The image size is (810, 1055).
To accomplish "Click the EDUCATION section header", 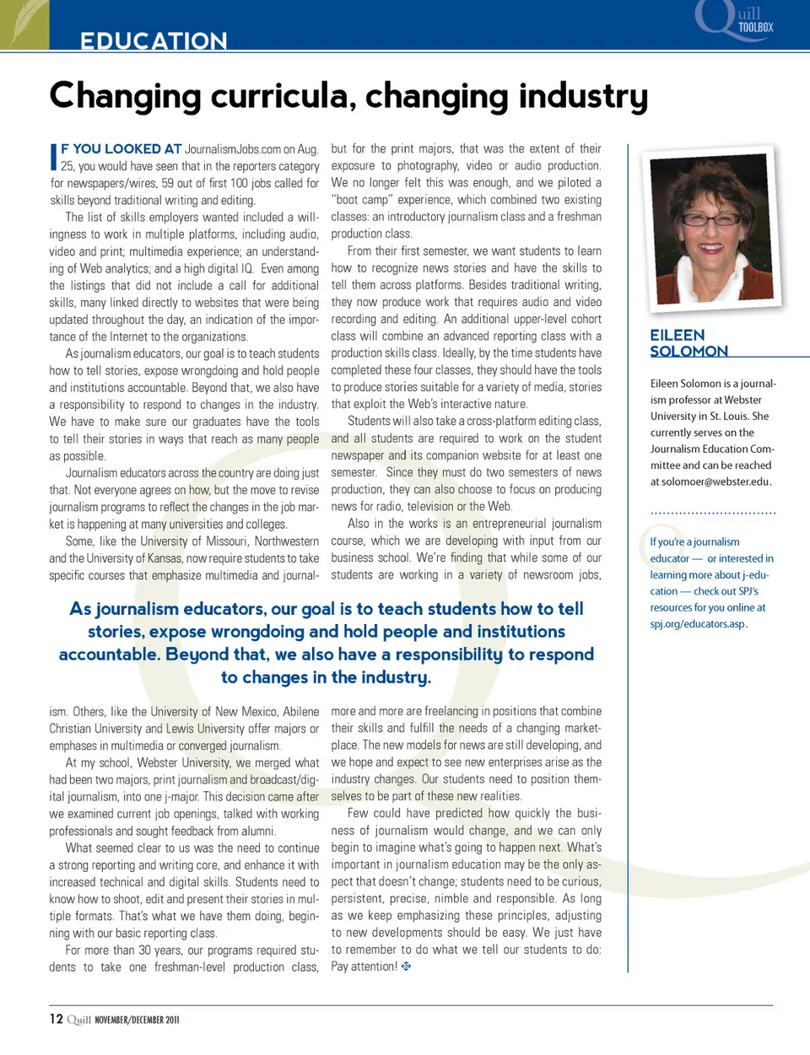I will click(x=154, y=40).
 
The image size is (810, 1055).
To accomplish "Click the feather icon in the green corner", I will click(x=24, y=23).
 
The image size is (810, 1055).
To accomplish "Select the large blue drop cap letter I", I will click(x=54, y=157).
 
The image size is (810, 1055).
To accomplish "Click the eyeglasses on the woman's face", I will click(x=710, y=218).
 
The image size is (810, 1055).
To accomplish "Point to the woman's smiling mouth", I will click(x=710, y=248).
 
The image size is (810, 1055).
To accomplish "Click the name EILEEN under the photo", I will click(x=677, y=335).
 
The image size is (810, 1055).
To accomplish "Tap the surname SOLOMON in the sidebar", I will click(x=688, y=352).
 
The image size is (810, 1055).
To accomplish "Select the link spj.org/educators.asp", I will click(x=697, y=624).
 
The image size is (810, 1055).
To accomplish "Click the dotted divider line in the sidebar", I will click(x=713, y=513).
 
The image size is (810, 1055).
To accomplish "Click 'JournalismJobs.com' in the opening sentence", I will click(x=233, y=149).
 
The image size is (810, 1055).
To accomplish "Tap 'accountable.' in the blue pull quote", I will click(x=109, y=654).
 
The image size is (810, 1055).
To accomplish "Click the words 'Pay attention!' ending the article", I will click(x=364, y=966).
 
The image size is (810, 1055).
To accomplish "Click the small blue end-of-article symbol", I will click(x=406, y=966).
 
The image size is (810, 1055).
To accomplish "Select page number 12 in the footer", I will click(x=56, y=1019).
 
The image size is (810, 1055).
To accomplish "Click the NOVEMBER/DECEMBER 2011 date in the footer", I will click(x=137, y=1020).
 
